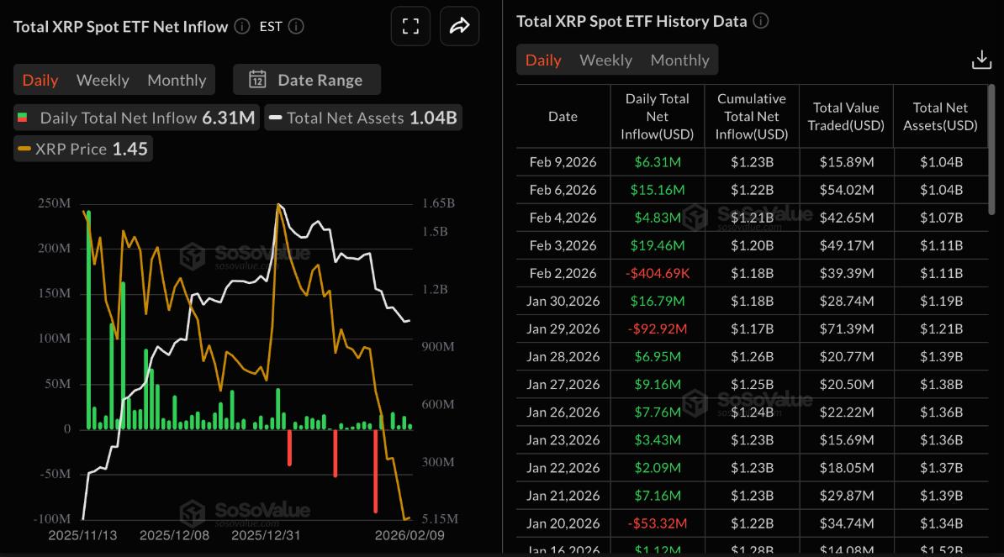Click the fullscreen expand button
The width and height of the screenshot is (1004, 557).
pos(410,26)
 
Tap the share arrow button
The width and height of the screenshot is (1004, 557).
pos(459,26)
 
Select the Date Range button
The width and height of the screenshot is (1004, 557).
pos(307,80)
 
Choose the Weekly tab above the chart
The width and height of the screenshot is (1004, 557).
pos(103,80)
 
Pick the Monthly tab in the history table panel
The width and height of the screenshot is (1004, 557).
pos(679,60)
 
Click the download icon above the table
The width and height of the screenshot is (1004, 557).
pos(981,60)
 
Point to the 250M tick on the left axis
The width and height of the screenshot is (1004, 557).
pos(53,203)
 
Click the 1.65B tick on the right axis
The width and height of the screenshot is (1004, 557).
pos(437,203)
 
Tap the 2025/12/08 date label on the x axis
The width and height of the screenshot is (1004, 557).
pos(174,535)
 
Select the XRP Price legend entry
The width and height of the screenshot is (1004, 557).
pos(82,149)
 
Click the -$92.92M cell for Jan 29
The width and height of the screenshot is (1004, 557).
pos(657,328)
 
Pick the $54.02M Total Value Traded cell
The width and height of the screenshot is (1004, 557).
pos(846,190)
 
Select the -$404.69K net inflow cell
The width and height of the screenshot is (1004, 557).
pos(657,273)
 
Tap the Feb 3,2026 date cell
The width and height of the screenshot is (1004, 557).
pos(563,245)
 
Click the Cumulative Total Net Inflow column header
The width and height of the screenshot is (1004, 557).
pos(751,116)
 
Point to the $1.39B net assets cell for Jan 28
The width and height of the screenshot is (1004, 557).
pos(940,356)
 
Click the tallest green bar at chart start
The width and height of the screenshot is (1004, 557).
pos(88,319)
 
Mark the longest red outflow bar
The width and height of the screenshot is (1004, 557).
pos(376,470)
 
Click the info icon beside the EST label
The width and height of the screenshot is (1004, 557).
pos(296,26)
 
